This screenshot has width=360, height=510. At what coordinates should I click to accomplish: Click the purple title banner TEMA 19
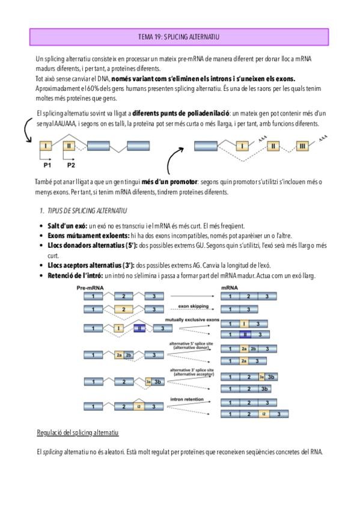coord(179,37)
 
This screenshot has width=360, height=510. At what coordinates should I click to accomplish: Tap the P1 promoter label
coord(47,165)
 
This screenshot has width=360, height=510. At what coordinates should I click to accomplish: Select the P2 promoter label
coord(71,165)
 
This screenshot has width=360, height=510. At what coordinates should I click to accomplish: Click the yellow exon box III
coord(302,146)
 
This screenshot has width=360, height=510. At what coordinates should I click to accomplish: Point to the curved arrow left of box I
coord(26,130)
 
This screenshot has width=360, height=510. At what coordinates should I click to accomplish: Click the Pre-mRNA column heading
coord(90,288)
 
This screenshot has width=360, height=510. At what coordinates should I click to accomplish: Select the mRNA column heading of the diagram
coord(230,288)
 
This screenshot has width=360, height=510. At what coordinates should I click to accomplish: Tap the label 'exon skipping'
coord(194,306)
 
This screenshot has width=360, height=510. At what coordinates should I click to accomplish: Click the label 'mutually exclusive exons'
coord(192,320)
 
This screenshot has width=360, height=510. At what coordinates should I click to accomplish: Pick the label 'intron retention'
coord(187,399)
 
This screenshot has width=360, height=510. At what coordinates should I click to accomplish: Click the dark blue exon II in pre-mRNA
coord(139,328)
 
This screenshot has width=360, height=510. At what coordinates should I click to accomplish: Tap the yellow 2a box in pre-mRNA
coord(119,355)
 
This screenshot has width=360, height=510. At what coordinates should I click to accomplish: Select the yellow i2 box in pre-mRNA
coord(139,406)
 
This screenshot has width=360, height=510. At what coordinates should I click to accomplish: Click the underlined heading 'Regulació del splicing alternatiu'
coord(78,432)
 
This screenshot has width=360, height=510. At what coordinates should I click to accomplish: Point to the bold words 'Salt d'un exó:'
coord(67,226)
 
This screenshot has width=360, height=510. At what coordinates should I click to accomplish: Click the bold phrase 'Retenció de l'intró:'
coord(75,275)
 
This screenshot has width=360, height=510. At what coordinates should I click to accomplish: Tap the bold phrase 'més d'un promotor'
coord(169,182)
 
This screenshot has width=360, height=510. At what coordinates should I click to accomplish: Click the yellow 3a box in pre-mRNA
coord(148,381)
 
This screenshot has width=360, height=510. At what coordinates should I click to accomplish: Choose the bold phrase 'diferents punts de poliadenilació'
coord(181,113)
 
